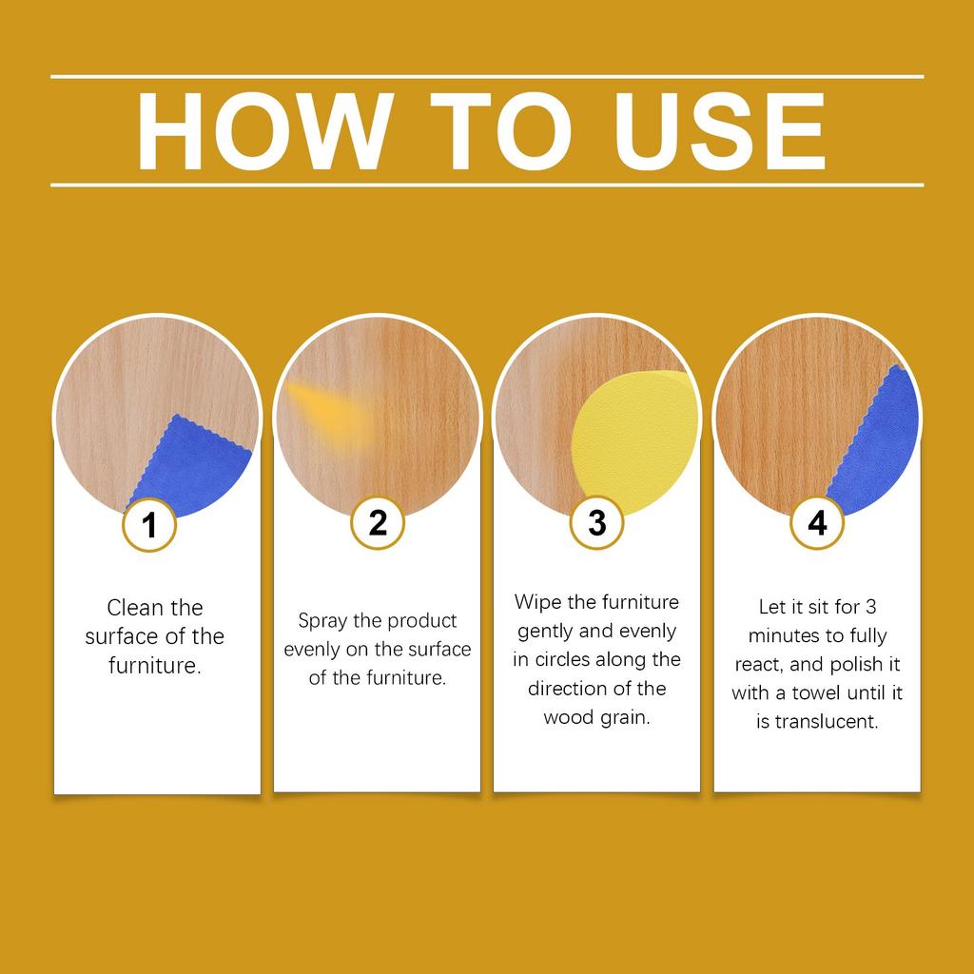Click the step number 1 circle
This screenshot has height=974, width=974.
coord(150,524)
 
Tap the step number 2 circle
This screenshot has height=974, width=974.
coord(378,522)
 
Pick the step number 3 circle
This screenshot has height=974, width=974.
coord(596,522)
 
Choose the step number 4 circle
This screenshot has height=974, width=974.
coord(817,522)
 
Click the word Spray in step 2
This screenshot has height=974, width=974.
coord(322,621)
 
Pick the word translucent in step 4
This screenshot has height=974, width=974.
coord(826,721)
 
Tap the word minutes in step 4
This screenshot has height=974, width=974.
coord(785,635)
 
